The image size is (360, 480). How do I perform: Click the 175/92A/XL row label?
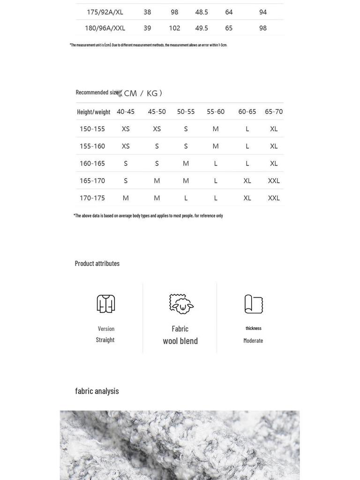point(105,12)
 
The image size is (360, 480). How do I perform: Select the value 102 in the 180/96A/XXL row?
point(174,28)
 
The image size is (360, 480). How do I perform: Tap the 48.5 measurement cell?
point(202,12)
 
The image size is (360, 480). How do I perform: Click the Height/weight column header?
point(94,112)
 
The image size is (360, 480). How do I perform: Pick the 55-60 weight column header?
point(216,112)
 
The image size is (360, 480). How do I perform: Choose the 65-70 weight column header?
point(274,112)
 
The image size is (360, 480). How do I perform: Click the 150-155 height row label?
point(92,129)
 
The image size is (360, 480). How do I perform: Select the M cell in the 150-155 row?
point(216,129)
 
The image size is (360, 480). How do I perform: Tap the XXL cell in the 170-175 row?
point(274,198)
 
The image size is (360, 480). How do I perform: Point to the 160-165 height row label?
point(92,164)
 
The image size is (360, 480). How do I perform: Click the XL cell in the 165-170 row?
point(247,180)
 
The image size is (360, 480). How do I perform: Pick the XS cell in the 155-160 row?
point(126,146)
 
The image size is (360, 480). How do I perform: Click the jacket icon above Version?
point(106,304)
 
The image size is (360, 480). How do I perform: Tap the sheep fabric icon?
point(181,304)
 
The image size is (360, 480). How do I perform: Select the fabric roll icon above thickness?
point(254,304)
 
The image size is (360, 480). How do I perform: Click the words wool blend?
point(180,341)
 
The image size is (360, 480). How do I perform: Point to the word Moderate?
point(253,341)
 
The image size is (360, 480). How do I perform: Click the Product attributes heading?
point(97,263)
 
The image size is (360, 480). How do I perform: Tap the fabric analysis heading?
point(97,391)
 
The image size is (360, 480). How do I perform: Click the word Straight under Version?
point(105,340)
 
